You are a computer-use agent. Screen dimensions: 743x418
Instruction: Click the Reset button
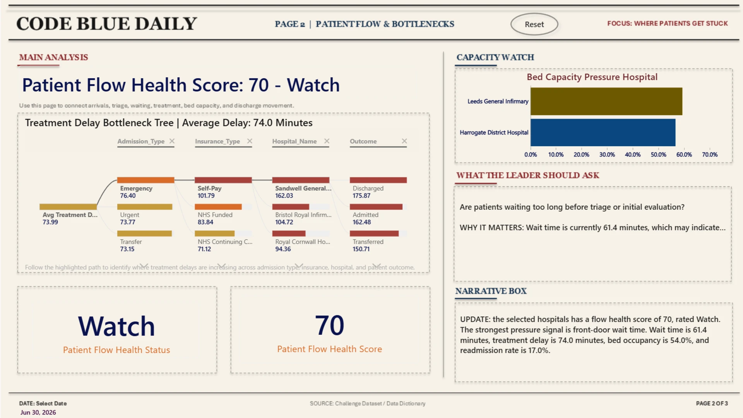(534, 24)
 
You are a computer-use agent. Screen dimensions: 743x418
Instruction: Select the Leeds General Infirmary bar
(606, 101)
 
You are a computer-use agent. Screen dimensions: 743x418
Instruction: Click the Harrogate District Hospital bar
(603, 132)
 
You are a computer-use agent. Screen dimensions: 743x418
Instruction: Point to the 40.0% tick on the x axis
(633, 154)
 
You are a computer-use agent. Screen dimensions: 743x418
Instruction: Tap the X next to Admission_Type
(172, 141)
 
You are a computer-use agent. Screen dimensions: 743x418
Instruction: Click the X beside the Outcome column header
(404, 141)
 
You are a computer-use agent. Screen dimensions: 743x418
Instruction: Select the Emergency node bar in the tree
(146, 180)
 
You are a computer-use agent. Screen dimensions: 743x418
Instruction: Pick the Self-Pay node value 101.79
(206, 196)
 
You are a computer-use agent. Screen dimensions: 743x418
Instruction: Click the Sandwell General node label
(303, 188)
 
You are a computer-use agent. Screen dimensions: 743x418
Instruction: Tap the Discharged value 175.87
(361, 196)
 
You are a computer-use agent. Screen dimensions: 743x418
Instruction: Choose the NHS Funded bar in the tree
(218, 207)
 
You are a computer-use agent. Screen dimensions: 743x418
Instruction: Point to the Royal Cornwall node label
(303, 242)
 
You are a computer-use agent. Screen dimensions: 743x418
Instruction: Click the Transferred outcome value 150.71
(361, 249)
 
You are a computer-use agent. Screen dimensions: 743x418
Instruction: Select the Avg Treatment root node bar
(68, 207)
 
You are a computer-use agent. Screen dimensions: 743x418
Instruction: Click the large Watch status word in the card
(116, 326)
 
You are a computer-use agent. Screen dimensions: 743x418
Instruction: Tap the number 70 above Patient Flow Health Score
(330, 325)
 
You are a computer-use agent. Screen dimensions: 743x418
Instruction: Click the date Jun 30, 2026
(38, 413)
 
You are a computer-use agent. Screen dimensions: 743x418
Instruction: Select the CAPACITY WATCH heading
(495, 57)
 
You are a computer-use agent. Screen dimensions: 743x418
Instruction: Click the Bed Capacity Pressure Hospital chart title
(592, 77)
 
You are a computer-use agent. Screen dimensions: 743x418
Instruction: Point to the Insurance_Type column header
(217, 142)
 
